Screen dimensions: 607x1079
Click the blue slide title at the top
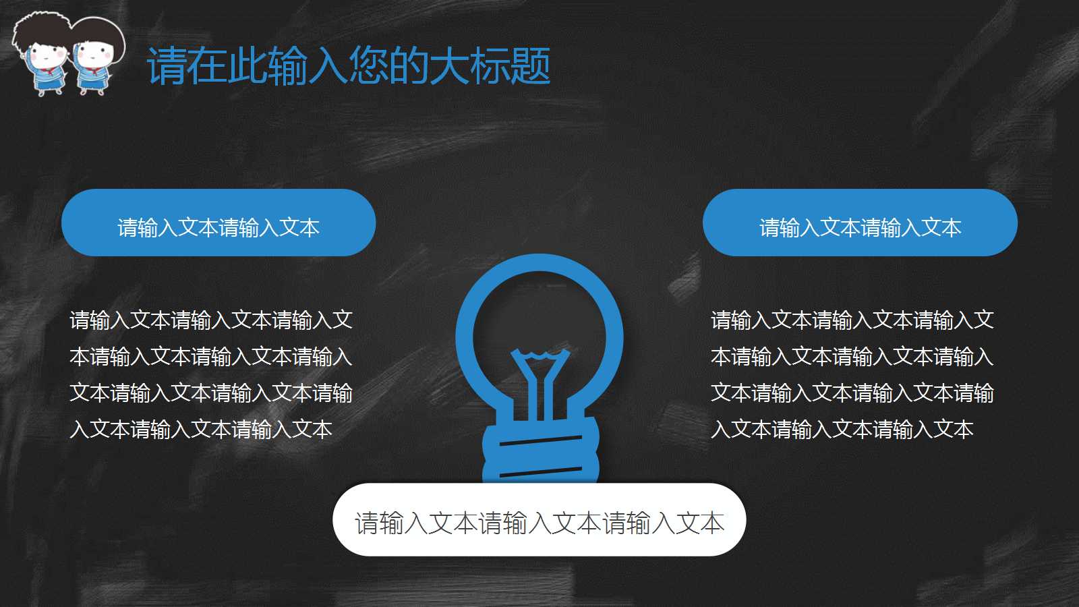point(348,66)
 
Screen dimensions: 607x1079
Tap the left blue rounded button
point(218,223)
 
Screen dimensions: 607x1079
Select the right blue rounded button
point(860,223)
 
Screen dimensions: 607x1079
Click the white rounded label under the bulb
point(539,520)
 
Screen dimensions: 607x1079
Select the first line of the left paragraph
point(211,320)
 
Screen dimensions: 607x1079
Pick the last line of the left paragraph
point(201,429)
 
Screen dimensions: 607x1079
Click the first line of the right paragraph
point(852,320)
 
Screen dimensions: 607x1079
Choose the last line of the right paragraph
point(842,429)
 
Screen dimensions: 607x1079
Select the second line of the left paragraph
point(211,356)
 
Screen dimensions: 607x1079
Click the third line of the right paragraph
point(852,393)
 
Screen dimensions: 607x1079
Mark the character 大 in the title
point(450,66)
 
